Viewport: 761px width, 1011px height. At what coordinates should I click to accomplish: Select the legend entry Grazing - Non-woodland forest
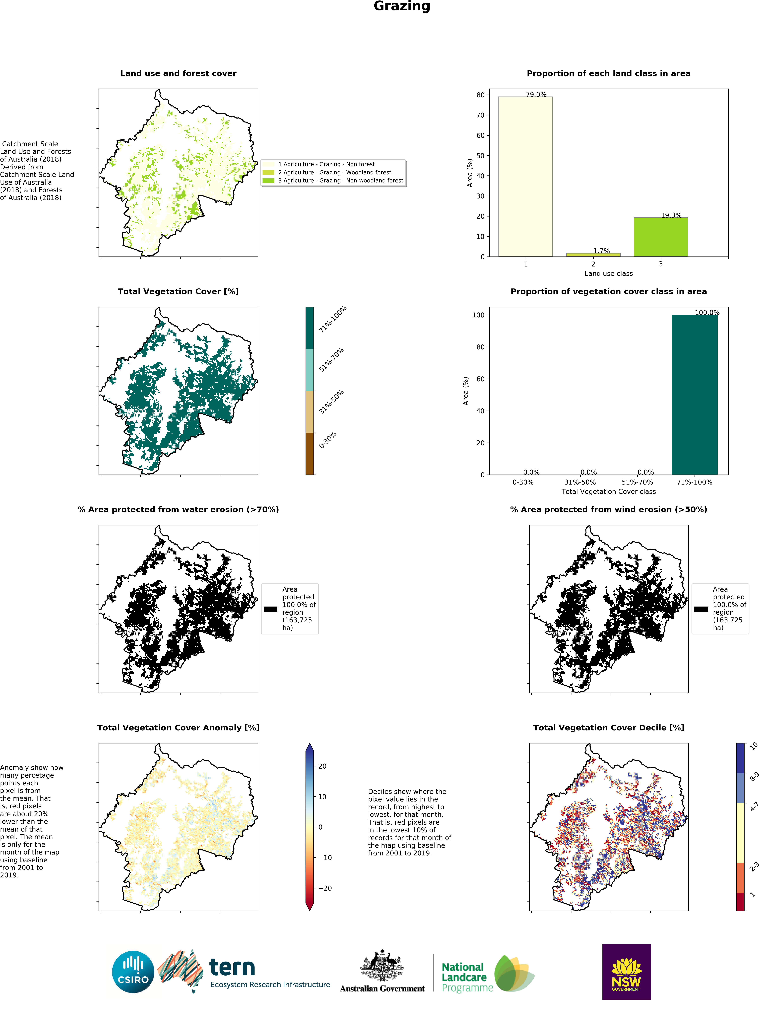coord(341,181)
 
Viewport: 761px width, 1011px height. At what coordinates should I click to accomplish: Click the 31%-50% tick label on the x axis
coord(580,482)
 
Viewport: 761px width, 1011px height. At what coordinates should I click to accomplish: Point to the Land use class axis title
coord(608,273)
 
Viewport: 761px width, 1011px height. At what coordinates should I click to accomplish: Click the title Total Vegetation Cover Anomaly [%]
coord(178,728)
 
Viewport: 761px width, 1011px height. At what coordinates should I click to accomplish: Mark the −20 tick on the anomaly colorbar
coord(325,888)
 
